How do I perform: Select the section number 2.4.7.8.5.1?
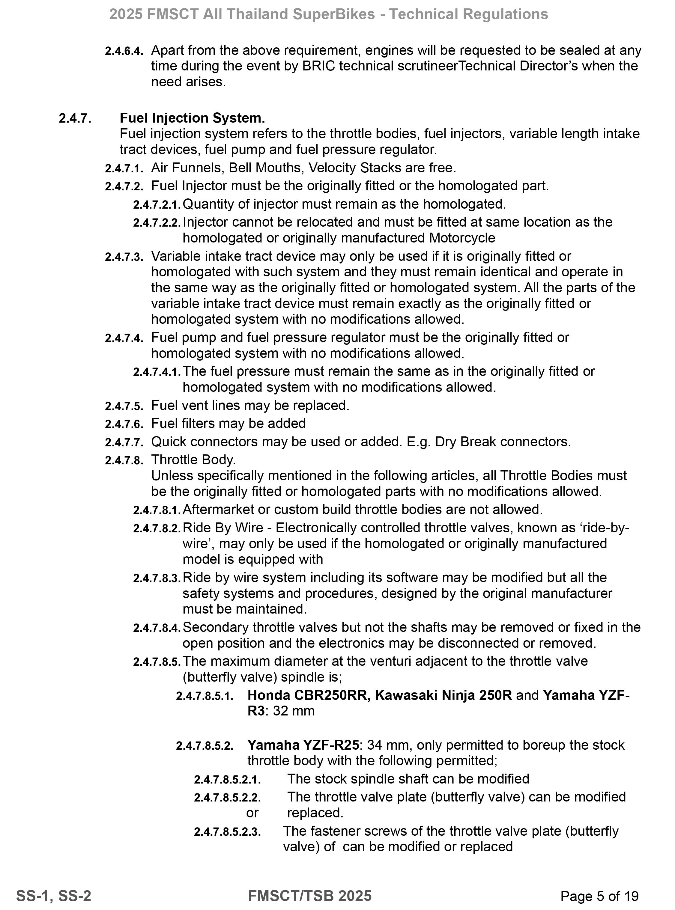point(205,696)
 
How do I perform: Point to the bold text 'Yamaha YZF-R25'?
point(303,745)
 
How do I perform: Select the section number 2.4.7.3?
point(124,257)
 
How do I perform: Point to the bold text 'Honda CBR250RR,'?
point(309,695)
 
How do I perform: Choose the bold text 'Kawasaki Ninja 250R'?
point(443,695)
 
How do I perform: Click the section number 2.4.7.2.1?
point(157,204)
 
